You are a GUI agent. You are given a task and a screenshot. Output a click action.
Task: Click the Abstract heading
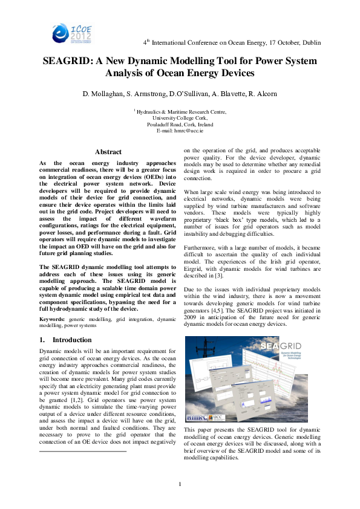pyautogui.click(x=108, y=152)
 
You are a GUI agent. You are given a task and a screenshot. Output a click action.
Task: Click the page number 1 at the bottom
pyautogui.click(x=180, y=483)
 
